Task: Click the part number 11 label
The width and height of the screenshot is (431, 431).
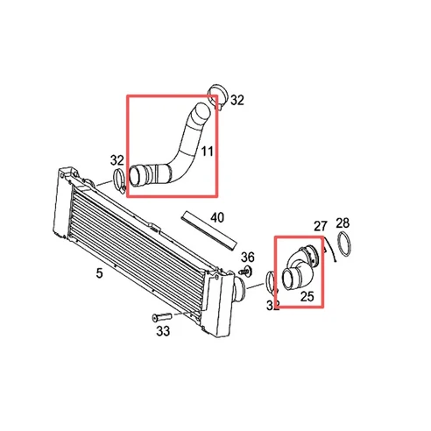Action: coord(208,152)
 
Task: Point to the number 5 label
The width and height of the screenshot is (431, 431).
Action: coord(99,273)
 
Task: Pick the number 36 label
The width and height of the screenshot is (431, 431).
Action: coord(248,257)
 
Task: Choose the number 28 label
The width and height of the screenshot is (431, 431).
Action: coord(343,223)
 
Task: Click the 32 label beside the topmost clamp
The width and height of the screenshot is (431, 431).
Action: coord(237,101)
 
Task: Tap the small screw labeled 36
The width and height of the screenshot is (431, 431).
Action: coord(247,272)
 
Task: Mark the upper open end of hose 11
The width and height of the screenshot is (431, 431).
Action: coord(202,110)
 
